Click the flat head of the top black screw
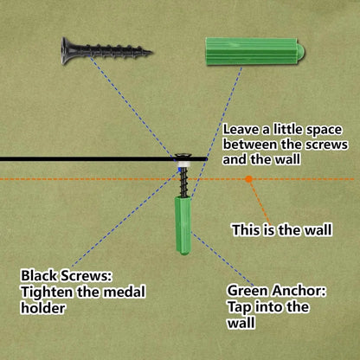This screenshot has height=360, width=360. point(66,51)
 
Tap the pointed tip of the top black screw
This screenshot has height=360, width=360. point(151,53)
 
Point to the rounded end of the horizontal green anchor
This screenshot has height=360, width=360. point(301,51)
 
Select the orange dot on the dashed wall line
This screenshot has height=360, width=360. point(249,179)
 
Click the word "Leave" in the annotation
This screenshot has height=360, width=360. point(241,129)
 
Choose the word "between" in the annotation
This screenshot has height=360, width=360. point(250,144)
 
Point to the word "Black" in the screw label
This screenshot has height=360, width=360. point(39,275)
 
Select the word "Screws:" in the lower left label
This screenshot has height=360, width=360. point(86,276)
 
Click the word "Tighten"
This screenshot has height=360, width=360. point(47,292)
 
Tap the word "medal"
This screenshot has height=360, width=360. point(125,292)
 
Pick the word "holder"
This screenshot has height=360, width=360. point(43,308)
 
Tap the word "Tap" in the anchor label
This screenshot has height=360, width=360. point(240,307)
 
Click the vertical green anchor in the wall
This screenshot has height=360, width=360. point(183,225)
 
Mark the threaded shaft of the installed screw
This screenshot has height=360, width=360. point(183,183)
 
